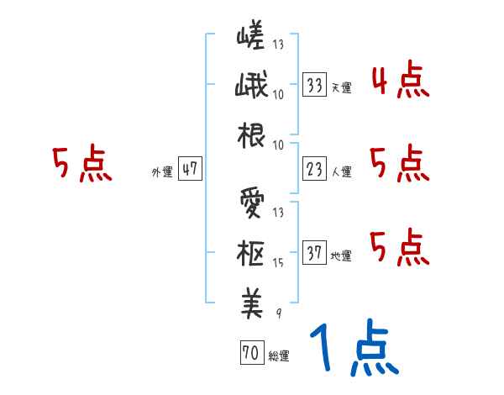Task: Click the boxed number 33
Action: [315, 85]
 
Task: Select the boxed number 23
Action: [315, 170]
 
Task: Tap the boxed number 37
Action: [315, 254]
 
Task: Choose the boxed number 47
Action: [190, 170]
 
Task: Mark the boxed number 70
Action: [250, 354]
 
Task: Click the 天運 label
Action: [341, 87]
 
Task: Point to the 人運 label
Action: [341, 172]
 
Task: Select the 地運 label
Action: [341, 256]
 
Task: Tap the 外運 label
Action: [161, 172]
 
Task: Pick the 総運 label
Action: [278, 356]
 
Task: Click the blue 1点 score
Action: [353, 350]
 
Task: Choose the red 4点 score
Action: [399, 81]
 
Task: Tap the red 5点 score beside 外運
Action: [81, 165]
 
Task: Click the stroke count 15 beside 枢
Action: [279, 262]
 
